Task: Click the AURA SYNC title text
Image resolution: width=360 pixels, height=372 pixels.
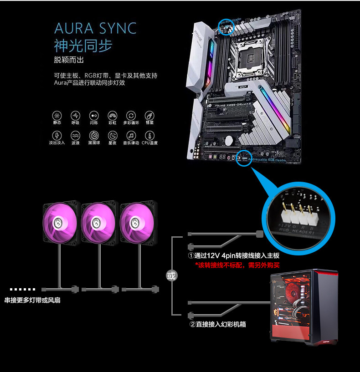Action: coord(95,28)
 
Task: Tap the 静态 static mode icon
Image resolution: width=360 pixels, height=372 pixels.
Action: coord(57,116)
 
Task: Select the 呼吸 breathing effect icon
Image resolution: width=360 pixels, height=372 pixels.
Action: coord(75,116)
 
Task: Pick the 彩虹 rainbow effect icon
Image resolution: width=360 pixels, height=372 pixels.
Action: coord(113,116)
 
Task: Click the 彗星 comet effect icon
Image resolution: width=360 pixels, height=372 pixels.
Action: coord(149,116)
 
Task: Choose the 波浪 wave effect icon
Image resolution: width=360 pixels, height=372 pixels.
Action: coord(75,136)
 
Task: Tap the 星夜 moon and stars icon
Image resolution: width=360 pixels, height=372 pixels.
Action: coord(113,136)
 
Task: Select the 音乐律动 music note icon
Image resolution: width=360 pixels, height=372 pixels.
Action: coord(131,136)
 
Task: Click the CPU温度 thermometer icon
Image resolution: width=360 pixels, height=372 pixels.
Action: coord(149,136)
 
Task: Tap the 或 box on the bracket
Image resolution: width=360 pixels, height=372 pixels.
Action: coord(171,275)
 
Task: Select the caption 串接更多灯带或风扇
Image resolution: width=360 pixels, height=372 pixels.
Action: coord(32,301)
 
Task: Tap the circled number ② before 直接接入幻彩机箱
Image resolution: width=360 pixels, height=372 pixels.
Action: coord(192,325)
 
